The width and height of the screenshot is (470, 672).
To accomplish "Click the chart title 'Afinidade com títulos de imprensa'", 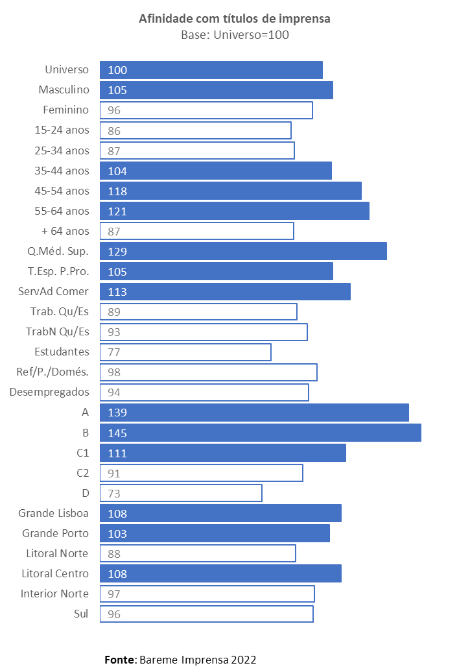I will [235, 19].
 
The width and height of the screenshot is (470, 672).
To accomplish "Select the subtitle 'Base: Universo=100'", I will [235, 35].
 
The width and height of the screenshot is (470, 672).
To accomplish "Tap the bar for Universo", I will [211, 70].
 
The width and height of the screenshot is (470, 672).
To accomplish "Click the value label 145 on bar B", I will [118, 433].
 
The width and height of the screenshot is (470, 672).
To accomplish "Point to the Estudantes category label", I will [62, 352].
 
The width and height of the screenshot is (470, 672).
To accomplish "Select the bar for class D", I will [181, 493].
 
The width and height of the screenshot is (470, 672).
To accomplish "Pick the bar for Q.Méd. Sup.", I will [243, 251].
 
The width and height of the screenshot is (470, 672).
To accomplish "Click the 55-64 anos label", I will [62, 211].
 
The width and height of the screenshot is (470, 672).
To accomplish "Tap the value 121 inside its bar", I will [118, 211].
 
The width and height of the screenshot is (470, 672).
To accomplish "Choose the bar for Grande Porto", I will [215, 533].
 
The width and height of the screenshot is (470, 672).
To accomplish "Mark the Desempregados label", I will [49, 392].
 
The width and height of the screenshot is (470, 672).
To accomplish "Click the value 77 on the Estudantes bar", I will [114, 352].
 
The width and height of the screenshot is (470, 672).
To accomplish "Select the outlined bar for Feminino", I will [206, 110].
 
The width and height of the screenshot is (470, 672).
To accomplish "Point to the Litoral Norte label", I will [58, 553].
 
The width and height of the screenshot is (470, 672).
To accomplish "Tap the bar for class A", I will [254, 413].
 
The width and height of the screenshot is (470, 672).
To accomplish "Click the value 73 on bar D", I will [114, 494].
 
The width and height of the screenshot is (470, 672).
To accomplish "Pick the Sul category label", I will [81, 614].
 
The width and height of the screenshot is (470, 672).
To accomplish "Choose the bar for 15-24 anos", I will [195, 130].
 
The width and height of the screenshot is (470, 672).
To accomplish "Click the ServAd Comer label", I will [54, 291].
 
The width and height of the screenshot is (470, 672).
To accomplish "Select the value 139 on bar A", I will [118, 413].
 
